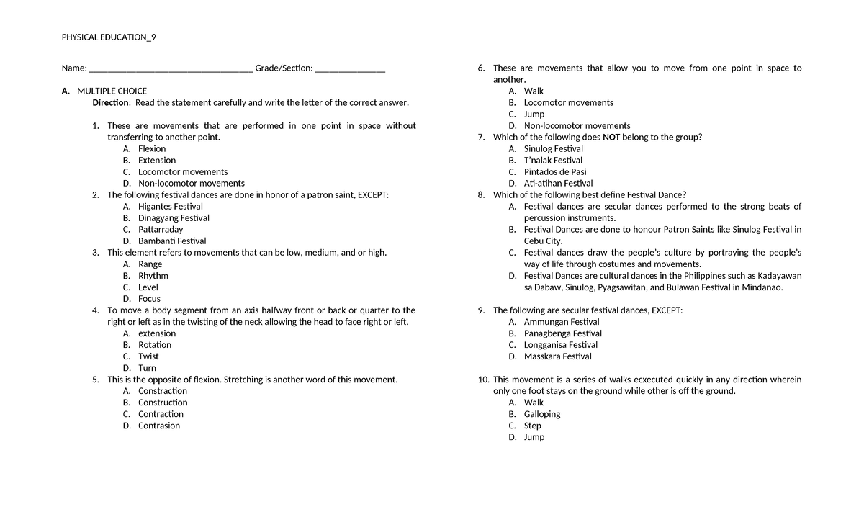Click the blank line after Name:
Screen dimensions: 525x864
pyautogui.click(x=171, y=70)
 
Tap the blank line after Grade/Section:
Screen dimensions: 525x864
pyautogui.click(x=350, y=70)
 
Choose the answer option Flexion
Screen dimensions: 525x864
pyautogui.click(x=152, y=149)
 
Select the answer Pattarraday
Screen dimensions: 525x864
pyautogui.click(x=161, y=230)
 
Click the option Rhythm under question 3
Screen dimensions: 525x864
pyautogui.click(x=153, y=276)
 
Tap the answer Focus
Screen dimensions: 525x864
pyautogui.click(x=149, y=299)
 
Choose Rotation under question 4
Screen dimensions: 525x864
pyautogui.click(x=155, y=345)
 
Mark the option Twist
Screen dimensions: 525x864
pyautogui.click(x=148, y=356)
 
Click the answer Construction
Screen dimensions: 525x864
pyautogui.click(x=163, y=403)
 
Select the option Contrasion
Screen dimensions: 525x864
pyautogui.click(x=159, y=426)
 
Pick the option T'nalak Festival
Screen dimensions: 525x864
pyautogui.click(x=553, y=161)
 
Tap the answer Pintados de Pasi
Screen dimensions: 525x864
pyautogui.click(x=555, y=172)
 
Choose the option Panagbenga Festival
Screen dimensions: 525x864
pyautogui.click(x=563, y=333)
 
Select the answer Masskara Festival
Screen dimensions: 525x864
pyautogui.click(x=558, y=356)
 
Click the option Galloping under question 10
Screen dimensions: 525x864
pyautogui.click(x=542, y=414)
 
